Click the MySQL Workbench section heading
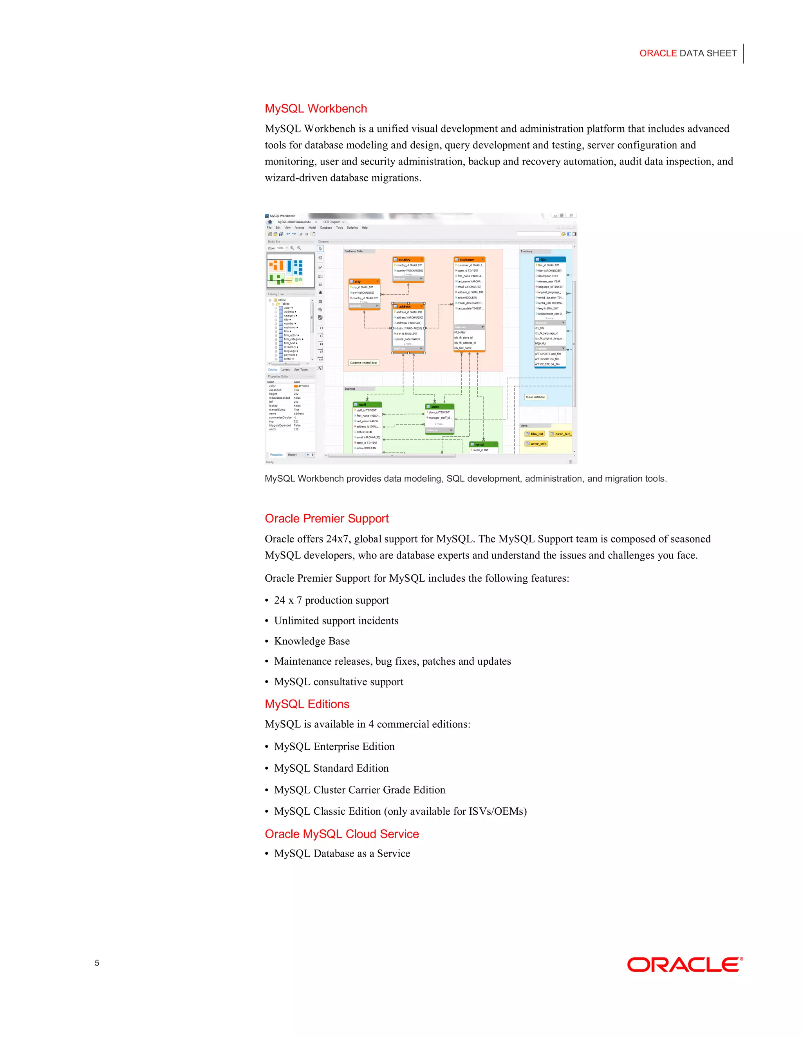pyautogui.click(x=316, y=109)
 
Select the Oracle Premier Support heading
pyautogui.click(x=327, y=519)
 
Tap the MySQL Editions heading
pyautogui.click(x=307, y=704)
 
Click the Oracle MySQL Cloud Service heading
pyautogui.click(x=341, y=834)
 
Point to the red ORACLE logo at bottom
pyautogui.click(x=684, y=965)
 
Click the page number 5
pyautogui.click(x=97, y=963)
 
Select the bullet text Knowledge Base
pyautogui.click(x=312, y=641)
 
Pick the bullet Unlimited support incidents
pyautogui.click(x=336, y=621)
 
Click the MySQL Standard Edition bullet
pyautogui.click(x=331, y=768)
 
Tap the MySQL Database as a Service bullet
pyautogui.click(x=341, y=854)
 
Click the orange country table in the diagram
pyautogui.click(x=408, y=269)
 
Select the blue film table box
pyautogui.click(x=550, y=311)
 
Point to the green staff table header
pyautogui.click(x=367, y=405)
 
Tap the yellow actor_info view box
pyautogui.click(x=536, y=444)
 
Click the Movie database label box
pyautogui.click(x=535, y=397)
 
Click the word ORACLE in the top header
pyautogui.click(x=657, y=53)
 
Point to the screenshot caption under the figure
pyautogui.click(x=465, y=479)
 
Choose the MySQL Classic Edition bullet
pyautogui.click(x=400, y=811)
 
